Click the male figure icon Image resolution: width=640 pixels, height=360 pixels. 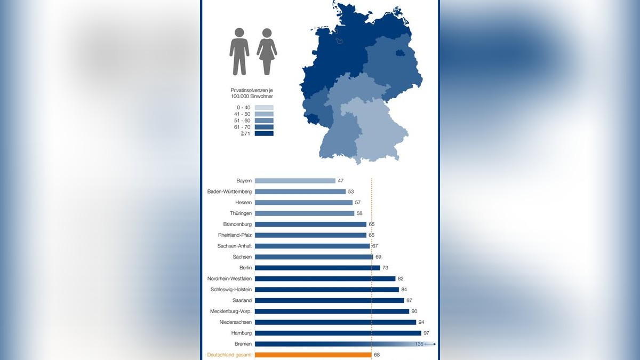coord(239,51)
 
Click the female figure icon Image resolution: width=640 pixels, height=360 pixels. coord(267,51)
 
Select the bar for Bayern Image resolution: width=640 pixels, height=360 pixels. coord(295,181)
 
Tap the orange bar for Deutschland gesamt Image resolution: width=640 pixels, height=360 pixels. coord(313,355)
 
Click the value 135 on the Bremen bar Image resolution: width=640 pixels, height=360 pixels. coord(419,344)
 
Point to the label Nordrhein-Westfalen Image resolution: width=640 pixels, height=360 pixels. coord(229,278)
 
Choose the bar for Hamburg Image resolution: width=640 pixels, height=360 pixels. coord(338,333)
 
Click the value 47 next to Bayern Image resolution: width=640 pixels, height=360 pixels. coord(341,181)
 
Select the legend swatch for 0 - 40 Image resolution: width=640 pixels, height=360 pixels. coord(264,108)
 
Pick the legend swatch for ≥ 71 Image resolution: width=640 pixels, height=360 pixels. coord(264,133)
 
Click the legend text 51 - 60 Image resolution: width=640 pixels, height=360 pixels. coord(244,121)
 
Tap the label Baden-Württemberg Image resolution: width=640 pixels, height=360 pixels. coord(229,191)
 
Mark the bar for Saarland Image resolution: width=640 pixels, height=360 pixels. coord(330,300)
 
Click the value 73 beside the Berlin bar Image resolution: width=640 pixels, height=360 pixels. coord(386,268)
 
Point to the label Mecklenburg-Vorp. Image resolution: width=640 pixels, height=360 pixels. coord(230,311)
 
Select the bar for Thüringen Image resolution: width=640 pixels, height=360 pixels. coord(305,213)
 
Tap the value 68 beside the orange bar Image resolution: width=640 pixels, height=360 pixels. coord(377,355)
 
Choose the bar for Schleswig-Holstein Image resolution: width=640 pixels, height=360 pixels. coord(327,290)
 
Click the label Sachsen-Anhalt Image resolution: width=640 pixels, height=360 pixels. coord(235,246)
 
